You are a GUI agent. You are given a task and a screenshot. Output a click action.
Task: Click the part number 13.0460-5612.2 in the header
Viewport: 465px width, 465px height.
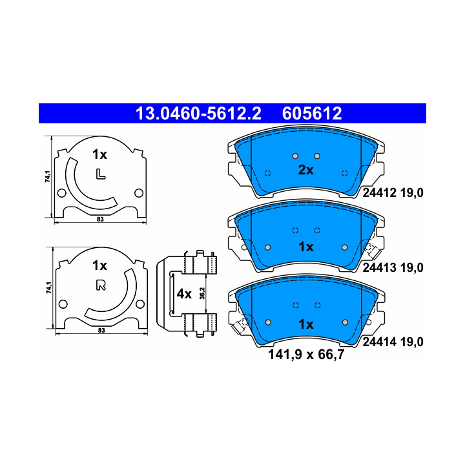coord(198,114)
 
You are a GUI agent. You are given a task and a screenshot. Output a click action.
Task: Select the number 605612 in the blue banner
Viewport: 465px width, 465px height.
coord(312,114)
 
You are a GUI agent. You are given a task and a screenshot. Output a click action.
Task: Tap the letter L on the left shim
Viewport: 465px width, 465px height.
coord(101,174)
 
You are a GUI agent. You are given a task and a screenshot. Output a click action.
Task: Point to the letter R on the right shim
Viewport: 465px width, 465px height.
coord(101,285)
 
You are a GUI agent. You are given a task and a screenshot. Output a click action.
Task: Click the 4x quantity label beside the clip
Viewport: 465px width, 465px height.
coord(184,294)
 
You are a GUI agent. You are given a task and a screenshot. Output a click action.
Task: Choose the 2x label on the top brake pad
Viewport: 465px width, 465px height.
coord(305,170)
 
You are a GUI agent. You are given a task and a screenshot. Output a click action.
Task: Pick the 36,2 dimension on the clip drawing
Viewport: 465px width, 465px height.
coord(202,293)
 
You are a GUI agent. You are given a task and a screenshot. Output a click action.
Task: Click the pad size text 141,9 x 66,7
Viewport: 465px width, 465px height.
coord(306,355)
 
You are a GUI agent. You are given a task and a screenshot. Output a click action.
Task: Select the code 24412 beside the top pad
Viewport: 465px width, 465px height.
coord(379,193)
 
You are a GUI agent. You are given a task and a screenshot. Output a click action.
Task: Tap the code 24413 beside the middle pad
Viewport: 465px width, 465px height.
coord(379,268)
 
